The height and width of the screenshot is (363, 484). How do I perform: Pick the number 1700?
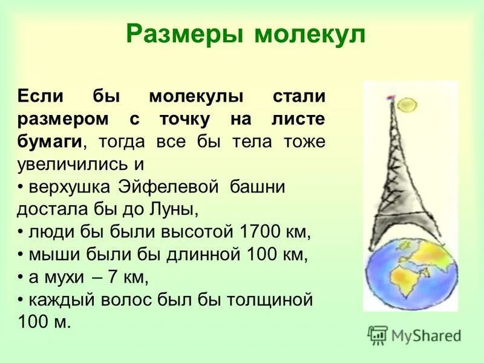point(260,232)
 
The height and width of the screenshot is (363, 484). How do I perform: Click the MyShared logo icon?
point(378,335)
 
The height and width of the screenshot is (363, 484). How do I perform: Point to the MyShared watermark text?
point(427,335)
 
